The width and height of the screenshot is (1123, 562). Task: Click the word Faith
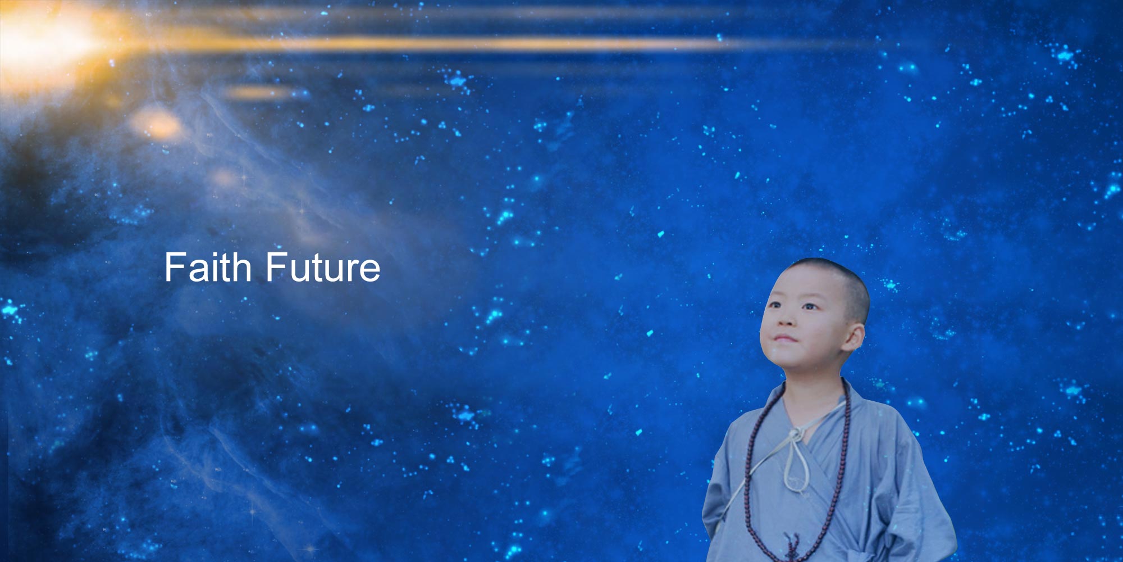coord(208,267)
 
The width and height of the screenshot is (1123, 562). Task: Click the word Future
coord(323,267)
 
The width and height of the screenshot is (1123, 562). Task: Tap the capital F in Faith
coord(174,267)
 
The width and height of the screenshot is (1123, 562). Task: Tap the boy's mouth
coord(784,339)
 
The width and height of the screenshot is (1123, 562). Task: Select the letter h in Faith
coord(241,267)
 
